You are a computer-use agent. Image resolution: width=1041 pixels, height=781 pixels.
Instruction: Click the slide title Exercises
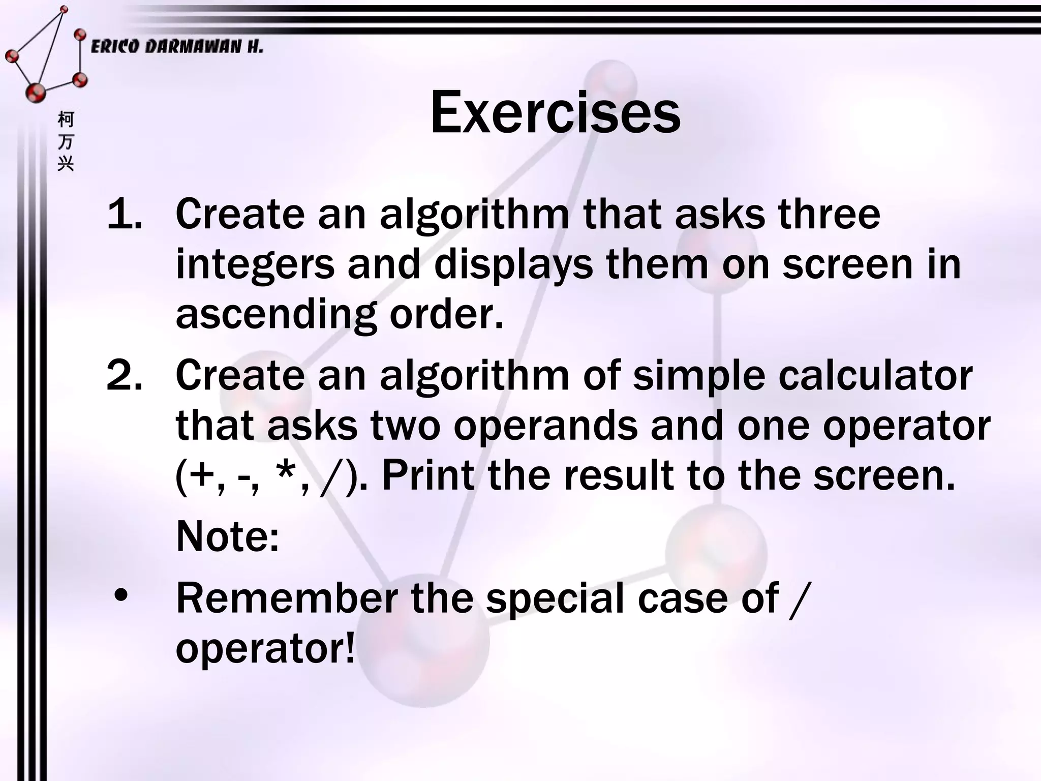click(x=555, y=113)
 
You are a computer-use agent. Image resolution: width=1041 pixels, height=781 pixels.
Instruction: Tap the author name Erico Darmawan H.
click(x=177, y=47)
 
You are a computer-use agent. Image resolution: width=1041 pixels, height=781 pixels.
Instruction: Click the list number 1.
click(x=124, y=214)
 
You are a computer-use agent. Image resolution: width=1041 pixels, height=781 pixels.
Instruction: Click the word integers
click(x=255, y=265)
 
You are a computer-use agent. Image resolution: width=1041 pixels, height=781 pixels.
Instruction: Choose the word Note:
click(x=227, y=536)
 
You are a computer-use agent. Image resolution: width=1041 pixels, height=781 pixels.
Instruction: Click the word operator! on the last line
click(x=265, y=649)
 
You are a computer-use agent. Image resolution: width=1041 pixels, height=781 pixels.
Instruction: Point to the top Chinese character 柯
click(x=66, y=120)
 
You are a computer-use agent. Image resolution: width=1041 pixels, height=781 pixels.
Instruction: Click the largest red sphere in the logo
click(x=36, y=93)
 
